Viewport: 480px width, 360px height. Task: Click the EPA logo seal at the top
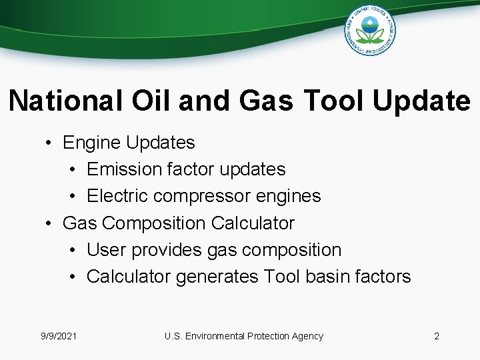click(370, 29)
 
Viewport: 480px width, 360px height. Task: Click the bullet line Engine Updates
click(129, 143)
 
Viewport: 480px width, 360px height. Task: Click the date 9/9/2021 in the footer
click(58, 336)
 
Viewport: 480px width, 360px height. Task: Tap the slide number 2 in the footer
click(437, 336)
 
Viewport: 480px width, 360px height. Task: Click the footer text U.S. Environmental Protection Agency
click(243, 336)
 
